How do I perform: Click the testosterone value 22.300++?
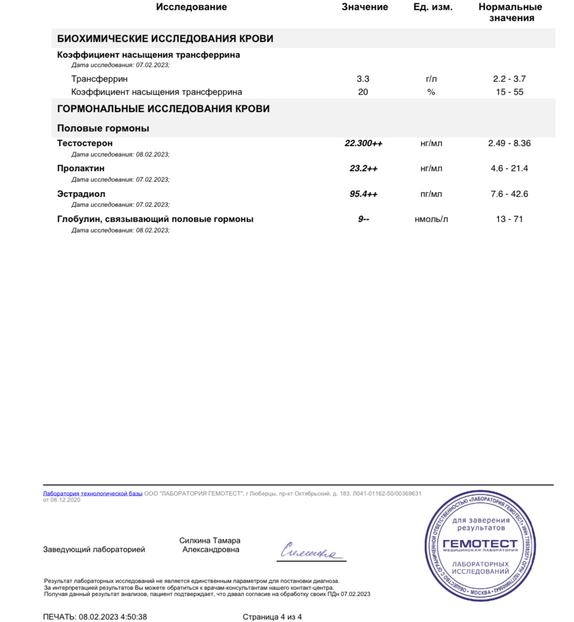[x=363, y=143]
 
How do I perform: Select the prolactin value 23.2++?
[x=363, y=168]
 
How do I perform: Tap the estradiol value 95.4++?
[x=363, y=194]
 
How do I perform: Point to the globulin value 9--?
[x=363, y=219]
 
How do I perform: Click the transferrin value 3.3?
[x=363, y=79]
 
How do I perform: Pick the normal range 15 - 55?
[x=509, y=92]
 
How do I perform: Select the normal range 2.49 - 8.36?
[x=509, y=143]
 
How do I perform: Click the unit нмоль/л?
[x=431, y=219]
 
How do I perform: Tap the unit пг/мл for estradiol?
[x=431, y=194]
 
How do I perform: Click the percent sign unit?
[x=431, y=92]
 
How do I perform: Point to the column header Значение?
[x=365, y=7]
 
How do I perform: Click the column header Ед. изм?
[x=433, y=7]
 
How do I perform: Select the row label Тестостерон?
[x=85, y=143]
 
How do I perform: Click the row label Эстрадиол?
[x=81, y=194]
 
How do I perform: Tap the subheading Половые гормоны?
[x=103, y=128]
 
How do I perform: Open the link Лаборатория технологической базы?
[x=93, y=493]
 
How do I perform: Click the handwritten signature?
[x=311, y=551]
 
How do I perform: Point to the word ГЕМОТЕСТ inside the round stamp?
[x=480, y=543]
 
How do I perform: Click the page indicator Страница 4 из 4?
[x=272, y=617]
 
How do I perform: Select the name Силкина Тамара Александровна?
[x=210, y=545]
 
